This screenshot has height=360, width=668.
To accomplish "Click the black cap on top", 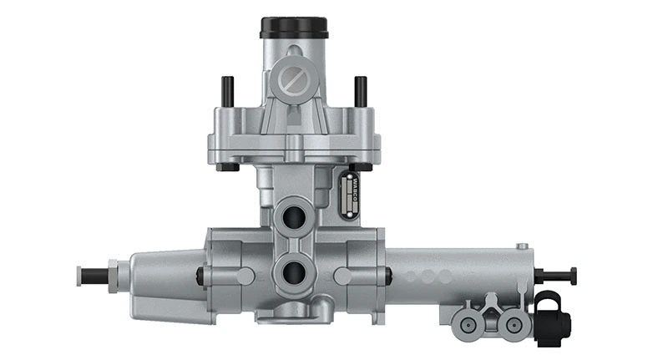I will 294,27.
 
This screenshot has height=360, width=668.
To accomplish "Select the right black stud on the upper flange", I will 361,90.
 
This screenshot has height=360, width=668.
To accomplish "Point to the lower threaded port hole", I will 295,271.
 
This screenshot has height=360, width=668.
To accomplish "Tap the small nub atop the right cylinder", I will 522,246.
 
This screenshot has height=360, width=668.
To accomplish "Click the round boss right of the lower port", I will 341,276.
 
